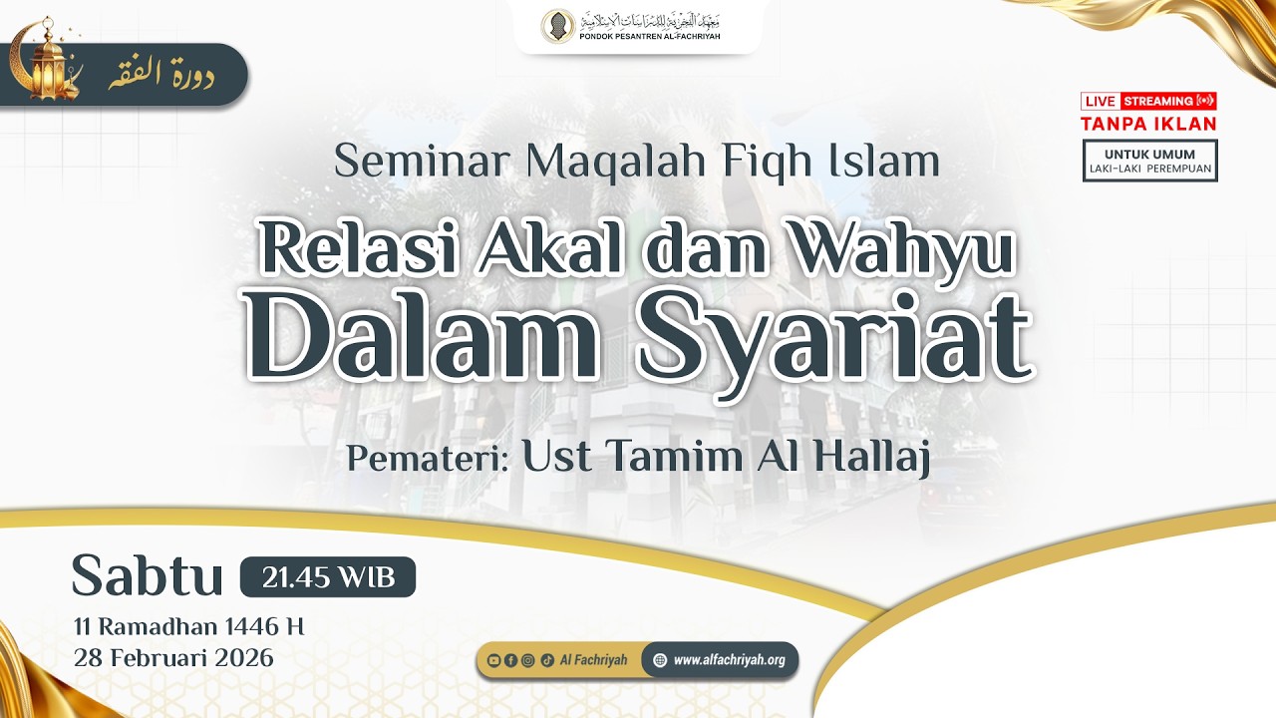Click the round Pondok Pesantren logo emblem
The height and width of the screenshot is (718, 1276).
coord(557,26)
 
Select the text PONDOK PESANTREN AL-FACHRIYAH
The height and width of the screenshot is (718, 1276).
coord(650,37)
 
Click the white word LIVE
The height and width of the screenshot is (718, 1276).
coord(1100,101)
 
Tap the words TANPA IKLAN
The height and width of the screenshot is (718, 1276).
coord(1148,124)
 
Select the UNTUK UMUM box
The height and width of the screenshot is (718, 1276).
coord(1149,161)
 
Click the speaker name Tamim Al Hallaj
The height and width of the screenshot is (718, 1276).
coord(726,457)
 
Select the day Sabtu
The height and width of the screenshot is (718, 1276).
coord(147,577)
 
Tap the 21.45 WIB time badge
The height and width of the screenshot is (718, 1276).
coord(327,577)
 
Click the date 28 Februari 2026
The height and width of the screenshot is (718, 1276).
coord(172,658)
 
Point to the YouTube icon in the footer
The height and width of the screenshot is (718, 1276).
coord(493,660)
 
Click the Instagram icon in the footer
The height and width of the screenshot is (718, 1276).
coord(527,660)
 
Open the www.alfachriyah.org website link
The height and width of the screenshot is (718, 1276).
coord(728,660)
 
